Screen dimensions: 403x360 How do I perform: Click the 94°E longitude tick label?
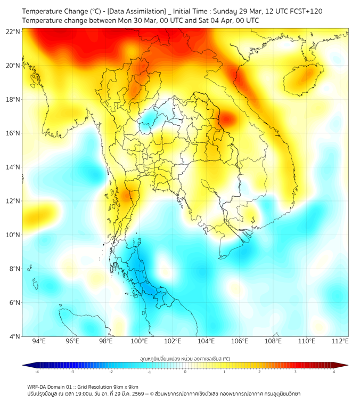tap(39, 341)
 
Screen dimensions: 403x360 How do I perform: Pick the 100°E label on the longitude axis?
tap(140, 341)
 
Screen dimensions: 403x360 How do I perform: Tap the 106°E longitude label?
tap(240, 341)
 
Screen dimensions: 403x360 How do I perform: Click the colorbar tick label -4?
tap(36, 372)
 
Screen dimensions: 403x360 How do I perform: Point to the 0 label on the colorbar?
tap(185, 372)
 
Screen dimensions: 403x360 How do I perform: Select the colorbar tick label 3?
tap(297, 372)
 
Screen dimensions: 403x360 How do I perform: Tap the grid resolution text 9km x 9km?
tap(126, 386)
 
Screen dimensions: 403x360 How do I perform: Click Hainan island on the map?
tap(305, 79)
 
